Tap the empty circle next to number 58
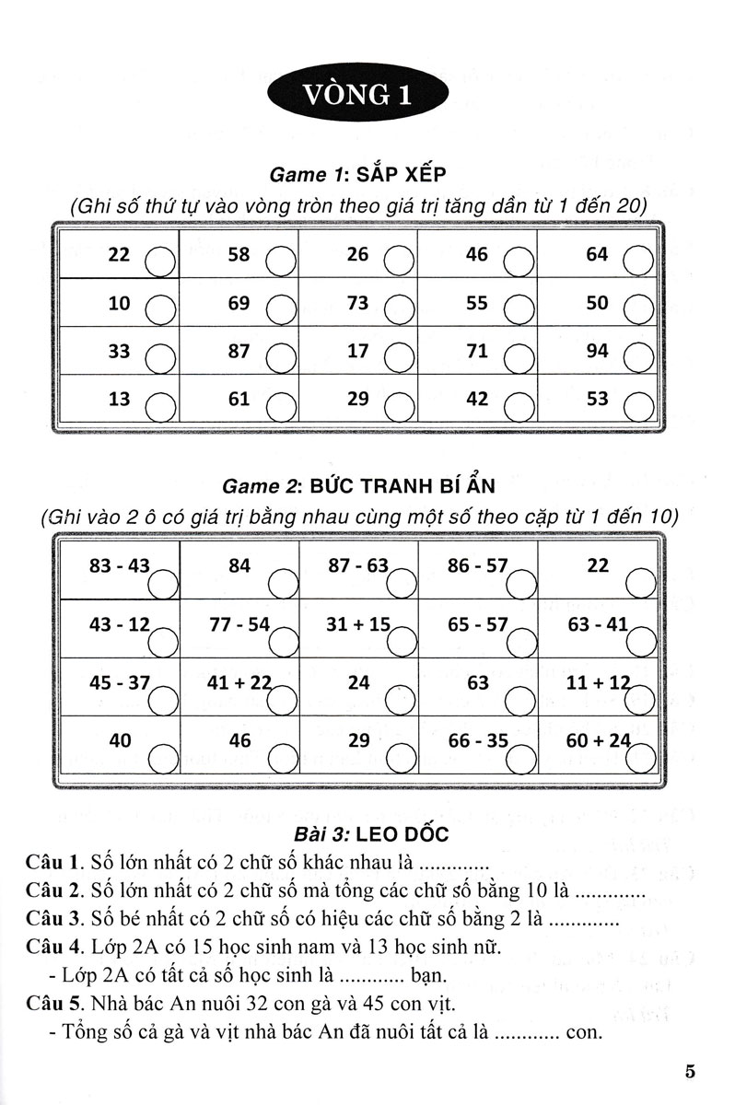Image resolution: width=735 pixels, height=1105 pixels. coord(279,262)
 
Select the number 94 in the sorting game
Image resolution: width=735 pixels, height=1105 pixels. coord(597,351)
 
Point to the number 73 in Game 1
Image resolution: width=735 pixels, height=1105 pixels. coord(357,302)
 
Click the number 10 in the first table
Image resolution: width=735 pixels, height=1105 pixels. coord(120,302)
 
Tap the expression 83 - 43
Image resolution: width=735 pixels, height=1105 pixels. coord(119,565)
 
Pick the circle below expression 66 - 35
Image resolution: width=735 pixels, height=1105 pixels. coord(519,760)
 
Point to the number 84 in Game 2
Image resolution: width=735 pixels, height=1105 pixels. coord(239,565)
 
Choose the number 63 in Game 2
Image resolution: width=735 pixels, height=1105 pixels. coord(478,682)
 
